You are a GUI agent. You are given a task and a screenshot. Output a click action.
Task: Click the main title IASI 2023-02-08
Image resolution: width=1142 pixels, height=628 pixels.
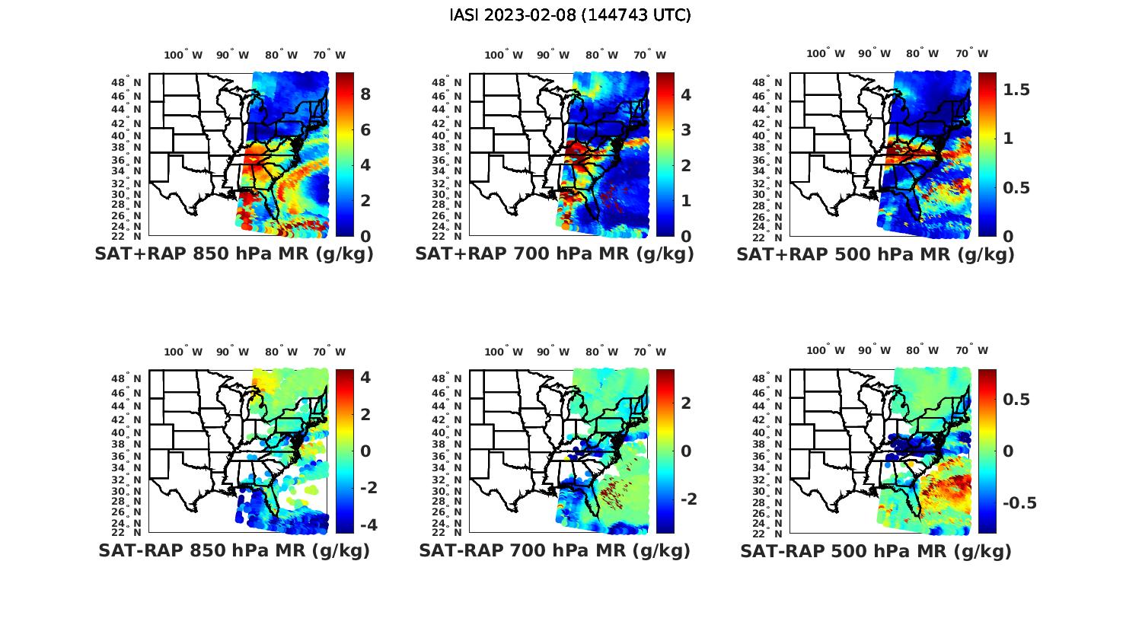click(x=570, y=15)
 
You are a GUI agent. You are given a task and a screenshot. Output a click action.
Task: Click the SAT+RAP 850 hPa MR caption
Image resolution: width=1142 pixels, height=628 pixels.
click(x=234, y=254)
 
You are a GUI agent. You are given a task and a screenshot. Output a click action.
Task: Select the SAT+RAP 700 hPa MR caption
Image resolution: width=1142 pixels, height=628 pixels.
click(x=554, y=254)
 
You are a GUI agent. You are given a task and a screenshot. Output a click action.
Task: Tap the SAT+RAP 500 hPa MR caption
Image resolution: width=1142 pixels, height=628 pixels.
click(x=876, y=254)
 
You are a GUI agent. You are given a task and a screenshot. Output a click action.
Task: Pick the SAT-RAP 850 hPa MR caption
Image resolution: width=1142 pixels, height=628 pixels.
click(x=234, y=550)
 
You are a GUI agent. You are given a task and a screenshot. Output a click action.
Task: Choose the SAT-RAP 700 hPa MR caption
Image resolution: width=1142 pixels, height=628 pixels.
click(x=554, y=550)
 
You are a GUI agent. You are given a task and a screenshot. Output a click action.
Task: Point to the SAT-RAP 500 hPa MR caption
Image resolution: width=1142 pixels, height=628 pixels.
click(x=876, y=550)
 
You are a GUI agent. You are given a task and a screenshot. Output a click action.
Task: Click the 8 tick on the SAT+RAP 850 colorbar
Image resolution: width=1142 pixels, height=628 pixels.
click(x=365, y=94)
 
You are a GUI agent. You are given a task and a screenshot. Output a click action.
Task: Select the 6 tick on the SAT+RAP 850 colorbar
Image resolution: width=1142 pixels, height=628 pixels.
click(x=365, y=129)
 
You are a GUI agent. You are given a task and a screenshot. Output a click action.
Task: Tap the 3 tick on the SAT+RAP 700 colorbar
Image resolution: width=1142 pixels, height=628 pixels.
click(x=686, y=129)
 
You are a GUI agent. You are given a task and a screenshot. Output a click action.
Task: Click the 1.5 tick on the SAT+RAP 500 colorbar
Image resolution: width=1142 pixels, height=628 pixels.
click(x=1017, y=90)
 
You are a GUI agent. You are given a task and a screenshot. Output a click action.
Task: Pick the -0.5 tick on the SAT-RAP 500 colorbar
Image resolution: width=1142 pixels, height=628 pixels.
click(x=1019, y=503)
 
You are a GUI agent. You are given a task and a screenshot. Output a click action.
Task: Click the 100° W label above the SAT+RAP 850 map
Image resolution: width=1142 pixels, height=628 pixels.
click(x=183, y=55)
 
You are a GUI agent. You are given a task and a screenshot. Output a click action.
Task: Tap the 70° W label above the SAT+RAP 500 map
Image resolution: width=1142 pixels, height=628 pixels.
click(x=972, y=53)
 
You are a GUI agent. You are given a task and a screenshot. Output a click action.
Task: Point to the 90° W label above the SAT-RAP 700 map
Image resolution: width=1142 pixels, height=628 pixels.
click(x=553, y=352)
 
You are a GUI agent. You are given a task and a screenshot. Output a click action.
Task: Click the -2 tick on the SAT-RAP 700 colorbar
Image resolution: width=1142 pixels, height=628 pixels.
click(x=687, y=499)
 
